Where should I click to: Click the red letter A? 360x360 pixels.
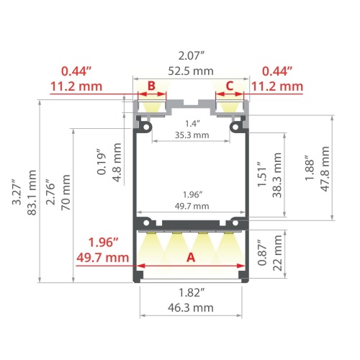(191, 256)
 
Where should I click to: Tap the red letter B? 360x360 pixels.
(151, 86)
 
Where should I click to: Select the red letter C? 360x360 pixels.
(230, 86)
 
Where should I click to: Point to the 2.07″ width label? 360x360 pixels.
(191, 54)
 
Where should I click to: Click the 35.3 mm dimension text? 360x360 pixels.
(191, 135)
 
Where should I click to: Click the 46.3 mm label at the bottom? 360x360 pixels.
(191, 307)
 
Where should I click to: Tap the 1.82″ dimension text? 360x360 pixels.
(191, 292)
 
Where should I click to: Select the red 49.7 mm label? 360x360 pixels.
(103, 256)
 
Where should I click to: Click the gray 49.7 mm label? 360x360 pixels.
(191, 206)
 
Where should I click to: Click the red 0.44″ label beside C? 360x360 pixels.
(276, 71)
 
